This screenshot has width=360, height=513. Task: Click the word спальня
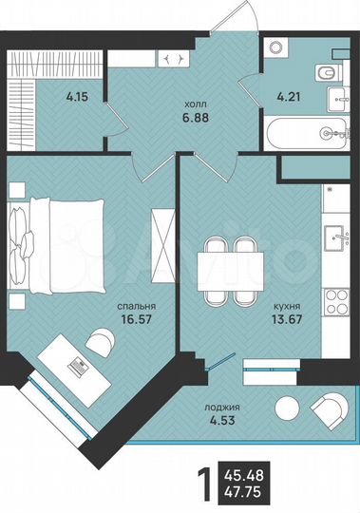click(136, 308)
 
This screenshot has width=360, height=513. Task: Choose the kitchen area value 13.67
click(284, 323)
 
